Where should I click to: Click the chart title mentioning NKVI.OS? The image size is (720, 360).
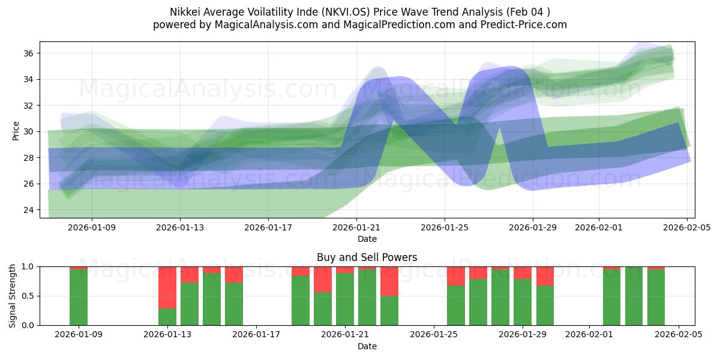360,11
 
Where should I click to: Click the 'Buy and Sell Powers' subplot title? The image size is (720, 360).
367,257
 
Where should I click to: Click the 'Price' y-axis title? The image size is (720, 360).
16,130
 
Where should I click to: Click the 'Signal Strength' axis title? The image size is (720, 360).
13,296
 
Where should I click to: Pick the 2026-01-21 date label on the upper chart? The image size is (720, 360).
356,228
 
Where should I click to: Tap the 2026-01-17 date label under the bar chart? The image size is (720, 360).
256,335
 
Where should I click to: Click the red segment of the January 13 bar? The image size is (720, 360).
167,287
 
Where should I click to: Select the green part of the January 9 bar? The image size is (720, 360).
79,297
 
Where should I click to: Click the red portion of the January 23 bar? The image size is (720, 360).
389,281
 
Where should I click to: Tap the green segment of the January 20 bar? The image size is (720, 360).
323,308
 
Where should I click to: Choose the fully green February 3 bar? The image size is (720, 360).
634,296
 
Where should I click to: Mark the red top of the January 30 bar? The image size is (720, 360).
545,276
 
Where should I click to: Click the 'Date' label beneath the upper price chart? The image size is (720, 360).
367,239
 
